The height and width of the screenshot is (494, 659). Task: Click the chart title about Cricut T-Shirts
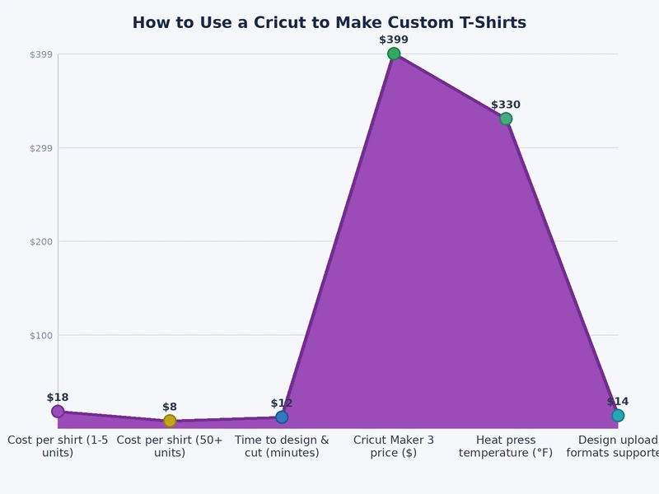pos(329,23)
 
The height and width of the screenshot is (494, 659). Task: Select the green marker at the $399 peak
pos(394,54)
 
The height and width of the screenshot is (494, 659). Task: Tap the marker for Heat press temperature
pos(506,119)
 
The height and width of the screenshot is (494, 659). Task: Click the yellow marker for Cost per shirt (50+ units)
pos(170,421)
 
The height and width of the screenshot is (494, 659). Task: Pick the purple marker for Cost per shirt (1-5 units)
pos(58,412)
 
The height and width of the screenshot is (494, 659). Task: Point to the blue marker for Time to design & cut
pos(282,417)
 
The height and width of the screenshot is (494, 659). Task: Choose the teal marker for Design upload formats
pos(618,416)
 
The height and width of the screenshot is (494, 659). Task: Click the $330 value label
pos(506,105)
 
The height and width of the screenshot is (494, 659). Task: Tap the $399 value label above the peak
pos(394,40)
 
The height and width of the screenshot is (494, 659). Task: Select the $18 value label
pos(58,398)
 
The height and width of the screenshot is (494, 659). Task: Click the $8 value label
pos(170,407)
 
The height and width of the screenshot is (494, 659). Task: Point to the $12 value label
pos(282,403)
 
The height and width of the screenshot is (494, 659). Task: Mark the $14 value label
pos(618,402)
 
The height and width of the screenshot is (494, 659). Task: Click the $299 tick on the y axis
pos(41,148)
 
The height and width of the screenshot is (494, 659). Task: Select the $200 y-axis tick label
pos(41,242)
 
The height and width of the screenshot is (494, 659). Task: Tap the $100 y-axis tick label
pos(41,335)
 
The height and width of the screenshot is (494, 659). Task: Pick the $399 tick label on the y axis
pos(41,54)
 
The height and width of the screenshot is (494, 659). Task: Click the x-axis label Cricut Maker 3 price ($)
pos(394,446)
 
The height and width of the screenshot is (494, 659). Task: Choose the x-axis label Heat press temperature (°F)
pos(506,446)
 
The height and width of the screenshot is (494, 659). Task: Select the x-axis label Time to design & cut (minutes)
pos(282,446)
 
